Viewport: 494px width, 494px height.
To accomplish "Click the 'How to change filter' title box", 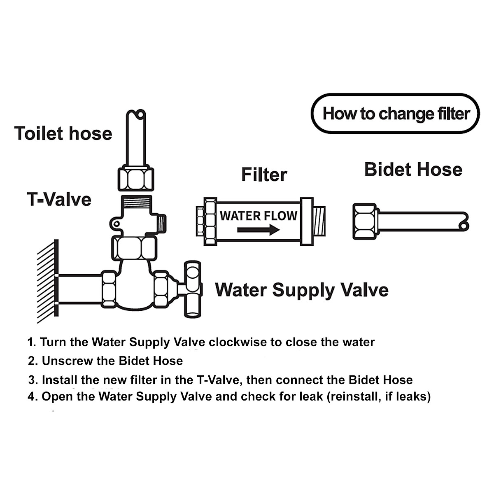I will [x=396, y=114].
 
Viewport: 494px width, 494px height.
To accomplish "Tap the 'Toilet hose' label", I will [x=63, y=134].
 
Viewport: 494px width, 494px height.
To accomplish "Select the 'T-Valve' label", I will [x=59, y=199].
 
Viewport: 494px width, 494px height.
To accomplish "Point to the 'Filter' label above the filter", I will [x=264, y=175].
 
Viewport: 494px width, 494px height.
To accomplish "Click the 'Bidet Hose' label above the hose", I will [x=413, y=170].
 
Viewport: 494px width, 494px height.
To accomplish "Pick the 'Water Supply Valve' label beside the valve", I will [x=302, y=290].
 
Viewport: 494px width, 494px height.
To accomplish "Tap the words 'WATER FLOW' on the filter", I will [x=258, y=215].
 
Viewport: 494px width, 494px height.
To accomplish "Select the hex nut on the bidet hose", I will [x=365, y=221].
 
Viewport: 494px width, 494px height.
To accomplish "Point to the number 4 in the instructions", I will [x=32, y=397].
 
